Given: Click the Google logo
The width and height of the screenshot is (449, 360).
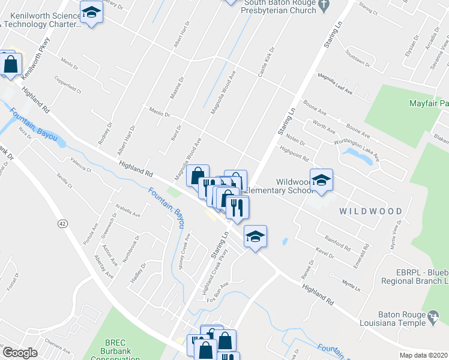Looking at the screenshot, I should click(19, 353).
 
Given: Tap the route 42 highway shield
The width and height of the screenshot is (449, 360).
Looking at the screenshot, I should click(62, 223).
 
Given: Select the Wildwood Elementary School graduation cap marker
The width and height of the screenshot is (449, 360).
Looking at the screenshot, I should click(321, 181).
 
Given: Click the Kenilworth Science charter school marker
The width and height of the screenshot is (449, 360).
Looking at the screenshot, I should click(91, 13).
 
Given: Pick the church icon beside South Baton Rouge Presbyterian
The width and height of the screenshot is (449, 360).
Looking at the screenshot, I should click(324, 7).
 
